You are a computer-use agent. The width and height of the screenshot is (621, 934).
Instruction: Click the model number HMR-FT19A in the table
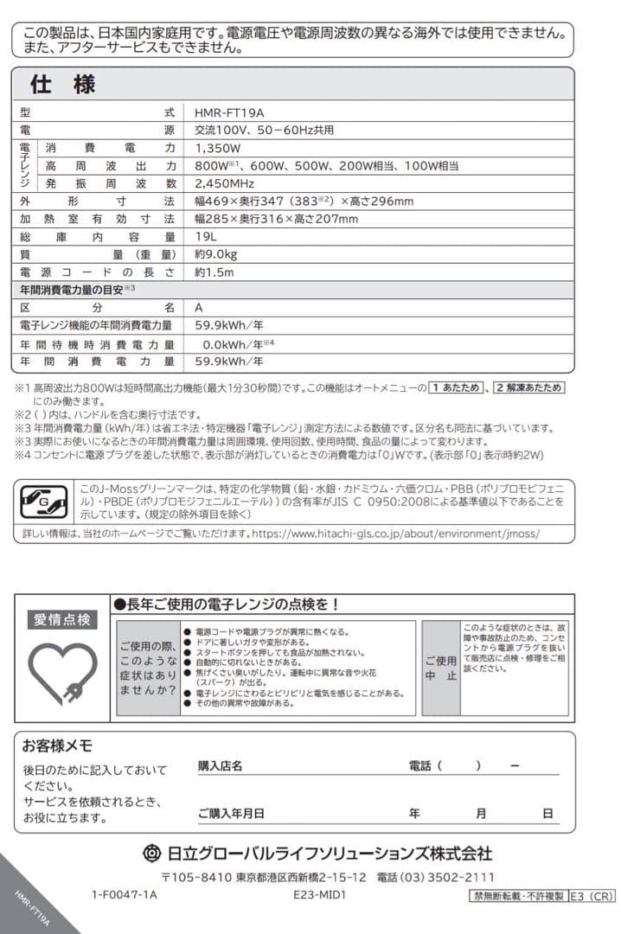tap(229, 112)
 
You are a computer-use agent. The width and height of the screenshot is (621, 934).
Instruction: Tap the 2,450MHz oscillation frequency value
tap(224, 183)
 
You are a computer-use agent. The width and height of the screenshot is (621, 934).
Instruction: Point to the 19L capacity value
tap(206, 237)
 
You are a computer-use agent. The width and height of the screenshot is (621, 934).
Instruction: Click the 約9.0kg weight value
tap(216, 254)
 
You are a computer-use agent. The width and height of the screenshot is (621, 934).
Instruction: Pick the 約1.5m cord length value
tap(214, 272)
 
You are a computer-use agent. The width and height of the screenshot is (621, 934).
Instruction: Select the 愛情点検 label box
tap(62, 619)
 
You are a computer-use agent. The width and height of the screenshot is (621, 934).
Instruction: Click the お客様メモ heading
tap(57, 745)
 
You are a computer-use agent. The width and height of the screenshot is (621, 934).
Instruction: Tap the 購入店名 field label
tap(220, 765)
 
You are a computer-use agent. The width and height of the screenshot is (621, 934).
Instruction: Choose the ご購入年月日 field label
tap(231, 813)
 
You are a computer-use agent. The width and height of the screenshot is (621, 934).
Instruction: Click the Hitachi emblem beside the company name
tap(151, 853)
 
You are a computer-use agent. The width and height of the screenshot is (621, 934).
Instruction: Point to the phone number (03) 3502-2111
tap(454, 876)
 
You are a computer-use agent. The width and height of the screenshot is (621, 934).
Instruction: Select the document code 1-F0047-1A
tap(124, 896)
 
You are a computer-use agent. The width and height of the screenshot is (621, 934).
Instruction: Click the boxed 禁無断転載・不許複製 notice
tap(517, 896)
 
